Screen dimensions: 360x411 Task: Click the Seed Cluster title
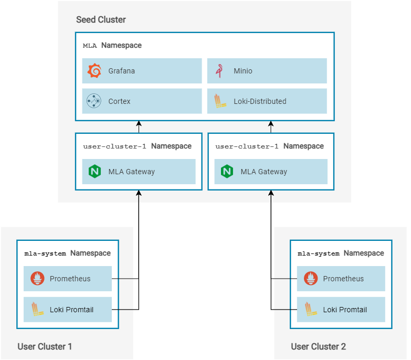101,20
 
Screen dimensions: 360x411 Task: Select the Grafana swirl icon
94,71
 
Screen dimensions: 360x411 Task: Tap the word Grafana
121,71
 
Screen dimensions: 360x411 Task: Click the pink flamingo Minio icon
219,71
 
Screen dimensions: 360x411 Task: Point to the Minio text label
243,71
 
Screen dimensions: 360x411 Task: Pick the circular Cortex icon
94,101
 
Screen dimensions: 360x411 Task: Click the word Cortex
119,101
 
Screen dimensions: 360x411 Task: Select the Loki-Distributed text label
260,101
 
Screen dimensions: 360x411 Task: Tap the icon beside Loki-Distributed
219,101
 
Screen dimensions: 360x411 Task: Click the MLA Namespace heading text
112,46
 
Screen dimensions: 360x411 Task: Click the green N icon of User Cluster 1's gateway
94,172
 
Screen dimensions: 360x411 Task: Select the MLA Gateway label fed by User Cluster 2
264,172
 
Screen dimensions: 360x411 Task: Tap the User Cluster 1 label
45,346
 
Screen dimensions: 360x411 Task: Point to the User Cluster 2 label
318,346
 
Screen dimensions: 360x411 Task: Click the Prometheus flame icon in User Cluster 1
37,279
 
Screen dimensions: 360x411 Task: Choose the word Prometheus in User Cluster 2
343,279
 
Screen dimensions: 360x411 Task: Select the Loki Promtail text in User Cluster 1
71,310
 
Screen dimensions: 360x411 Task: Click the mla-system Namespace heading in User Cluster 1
67,253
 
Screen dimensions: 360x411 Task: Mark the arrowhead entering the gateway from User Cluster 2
271,194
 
